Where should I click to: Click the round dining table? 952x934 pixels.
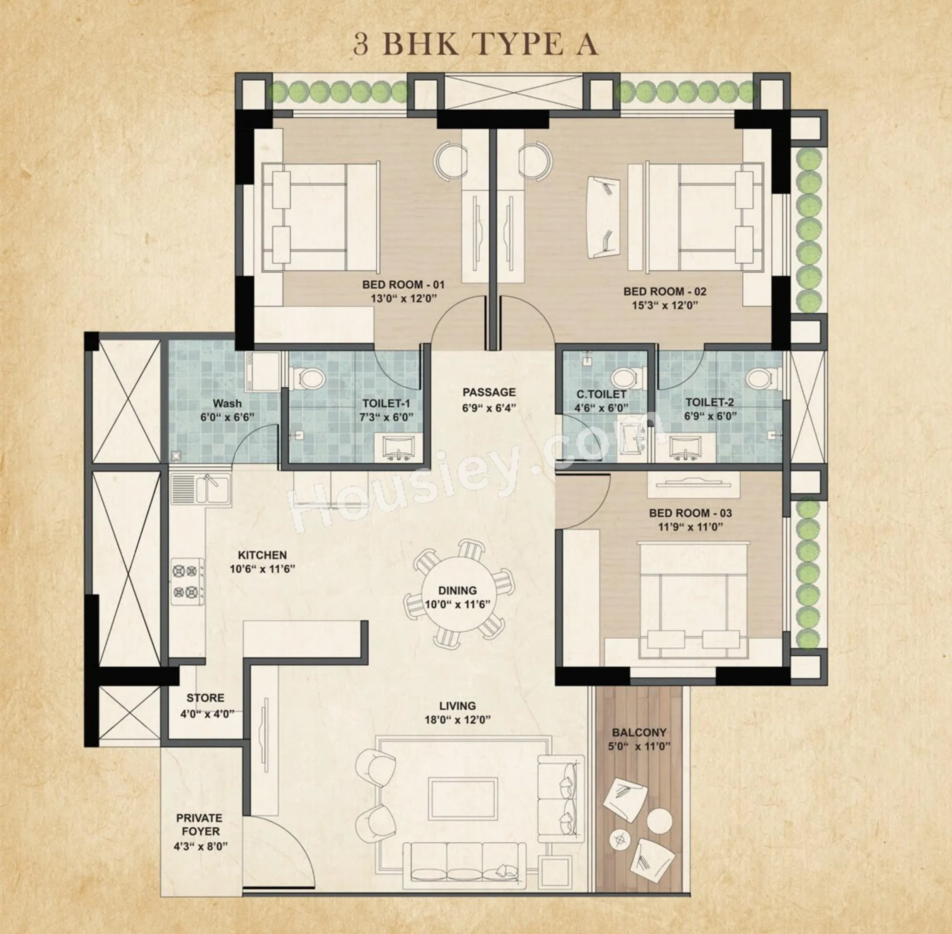coord(457,596)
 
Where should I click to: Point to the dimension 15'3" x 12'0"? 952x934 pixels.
coord(665,305)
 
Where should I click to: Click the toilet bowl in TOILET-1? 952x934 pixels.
coord(311,379)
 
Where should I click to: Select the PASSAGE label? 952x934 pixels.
coord(489,392)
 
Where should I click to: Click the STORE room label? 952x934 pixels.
coord(205,698)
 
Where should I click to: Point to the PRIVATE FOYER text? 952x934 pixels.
coord(199,825)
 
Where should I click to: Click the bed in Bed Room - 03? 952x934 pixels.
coord(693,600)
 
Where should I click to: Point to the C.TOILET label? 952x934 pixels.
coord(602,394)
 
